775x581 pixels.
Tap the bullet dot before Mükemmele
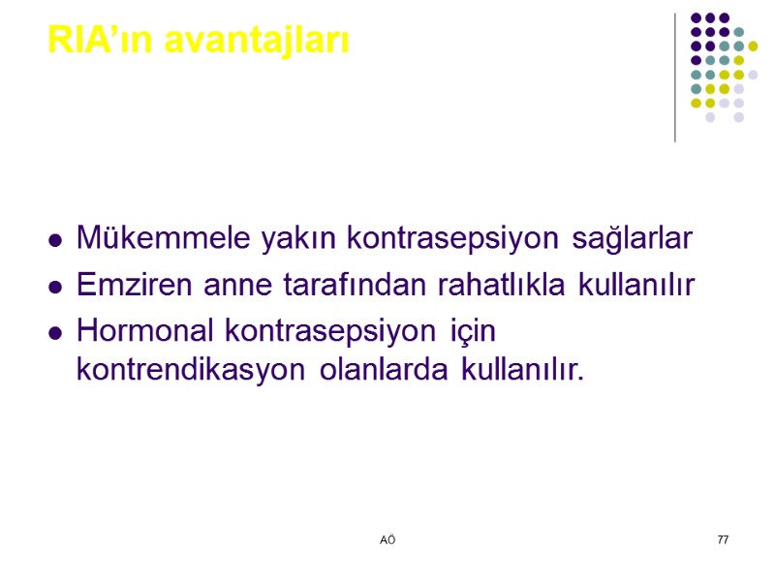[57, 239]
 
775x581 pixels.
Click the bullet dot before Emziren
[57, 287]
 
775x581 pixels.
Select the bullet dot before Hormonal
[57, 333]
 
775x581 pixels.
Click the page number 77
[723, 538]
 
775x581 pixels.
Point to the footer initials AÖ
[387, 538]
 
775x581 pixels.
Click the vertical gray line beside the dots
[675, 77]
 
